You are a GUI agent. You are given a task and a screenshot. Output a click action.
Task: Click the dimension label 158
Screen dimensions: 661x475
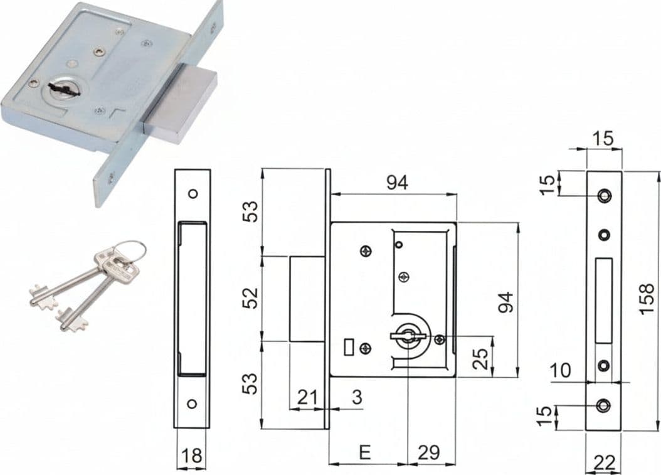pyautogui.click(x=647, y=299)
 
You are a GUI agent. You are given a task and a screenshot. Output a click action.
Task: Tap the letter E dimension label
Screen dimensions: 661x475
pyautogui.click(x=364, y=452)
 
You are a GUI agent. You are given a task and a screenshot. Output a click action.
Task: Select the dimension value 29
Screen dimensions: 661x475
pyautogui.click(x=429, y=452)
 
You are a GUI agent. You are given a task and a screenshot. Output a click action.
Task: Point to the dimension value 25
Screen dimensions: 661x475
pyautogui.click(x=480, y=358)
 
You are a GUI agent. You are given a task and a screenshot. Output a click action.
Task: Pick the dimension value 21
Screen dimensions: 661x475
pyautogui.click(x=307, y=397)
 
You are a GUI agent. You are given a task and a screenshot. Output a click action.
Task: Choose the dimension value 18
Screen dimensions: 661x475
pyautogui.click(x=191, y=456)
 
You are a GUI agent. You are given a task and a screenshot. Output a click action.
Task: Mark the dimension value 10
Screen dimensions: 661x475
pyautogui.click(x=560, y=370)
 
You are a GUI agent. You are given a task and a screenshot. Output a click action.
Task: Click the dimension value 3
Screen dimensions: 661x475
pyautogui.click(x=357, y=397)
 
